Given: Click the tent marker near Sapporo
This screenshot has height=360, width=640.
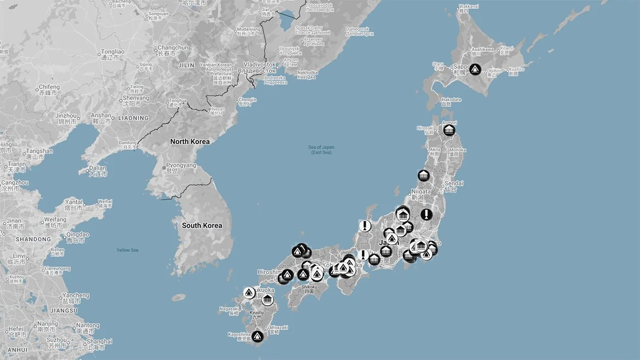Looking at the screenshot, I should pos(475,69).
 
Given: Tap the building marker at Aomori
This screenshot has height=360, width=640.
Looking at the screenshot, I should pos(449,130).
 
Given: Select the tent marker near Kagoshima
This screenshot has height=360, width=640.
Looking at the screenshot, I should pos(257,336).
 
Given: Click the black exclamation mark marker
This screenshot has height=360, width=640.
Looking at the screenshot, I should pos(426,214).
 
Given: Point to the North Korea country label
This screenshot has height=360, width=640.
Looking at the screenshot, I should pos(189,141).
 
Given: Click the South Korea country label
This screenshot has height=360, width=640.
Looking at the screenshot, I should pos(202,225).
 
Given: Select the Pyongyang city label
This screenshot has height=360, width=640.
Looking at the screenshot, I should pos(180,166).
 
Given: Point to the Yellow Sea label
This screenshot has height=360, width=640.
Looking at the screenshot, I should pos(127,250).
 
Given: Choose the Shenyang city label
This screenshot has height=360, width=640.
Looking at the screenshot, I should pos(136,98).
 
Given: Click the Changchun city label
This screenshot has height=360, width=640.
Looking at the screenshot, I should pos(173,48).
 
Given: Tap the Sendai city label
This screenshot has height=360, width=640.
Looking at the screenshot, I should pos(454,183).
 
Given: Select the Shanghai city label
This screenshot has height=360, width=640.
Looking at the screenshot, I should pos(99,342).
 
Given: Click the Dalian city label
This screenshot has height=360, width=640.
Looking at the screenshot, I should pos(98,169).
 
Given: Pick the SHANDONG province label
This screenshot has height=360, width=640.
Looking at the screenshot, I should pos(33,239).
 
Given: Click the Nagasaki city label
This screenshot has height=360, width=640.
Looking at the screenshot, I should pos(229,308).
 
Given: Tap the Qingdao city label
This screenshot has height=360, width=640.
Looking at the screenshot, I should pos(78,235).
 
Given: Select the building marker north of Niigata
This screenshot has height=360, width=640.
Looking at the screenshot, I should pos(423,176).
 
